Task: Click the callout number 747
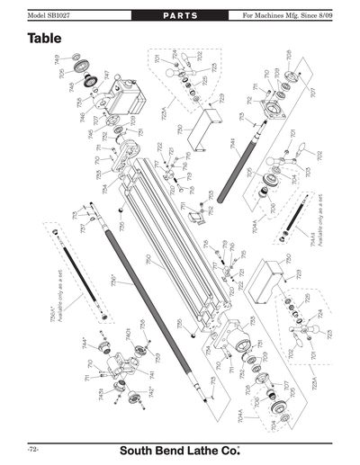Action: [x=107, y=76]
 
